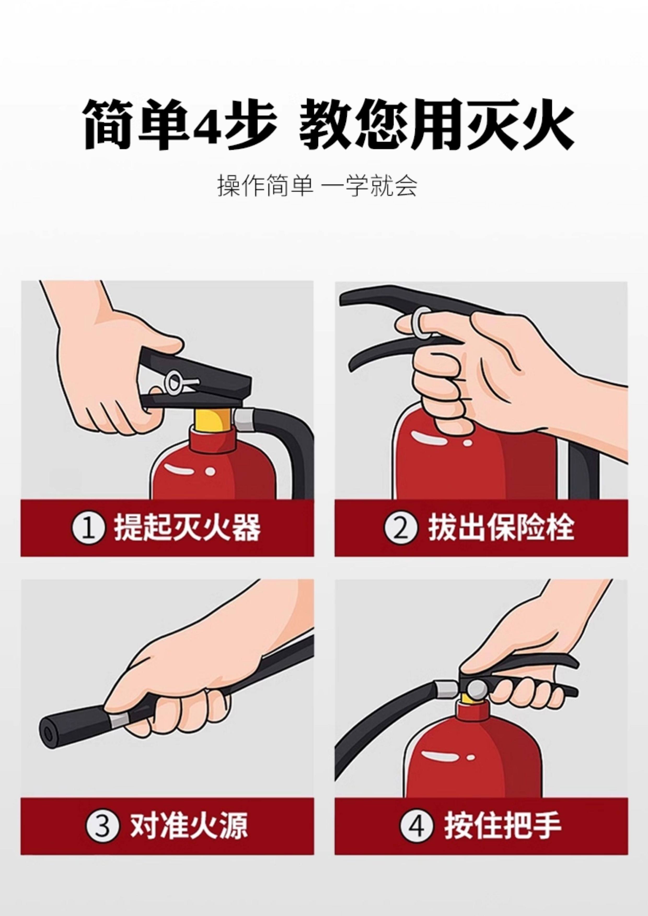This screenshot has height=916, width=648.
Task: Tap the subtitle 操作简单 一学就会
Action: pos(317,186)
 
